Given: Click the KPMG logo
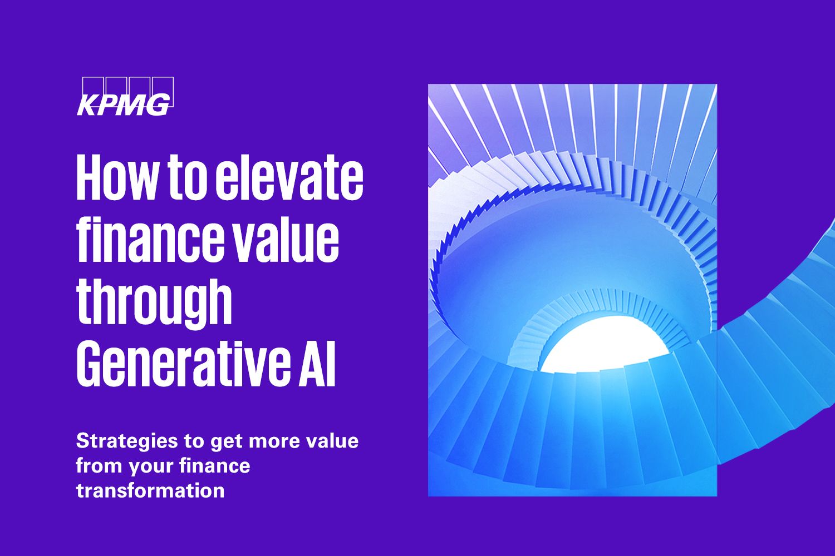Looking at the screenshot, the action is tap(125, 96).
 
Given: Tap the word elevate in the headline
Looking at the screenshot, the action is tap(289, 177).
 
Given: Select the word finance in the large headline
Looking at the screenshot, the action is tap(150, 239).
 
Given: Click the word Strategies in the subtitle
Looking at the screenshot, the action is tap(127, 442).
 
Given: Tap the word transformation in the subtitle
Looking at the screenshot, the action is tap(150, 490).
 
